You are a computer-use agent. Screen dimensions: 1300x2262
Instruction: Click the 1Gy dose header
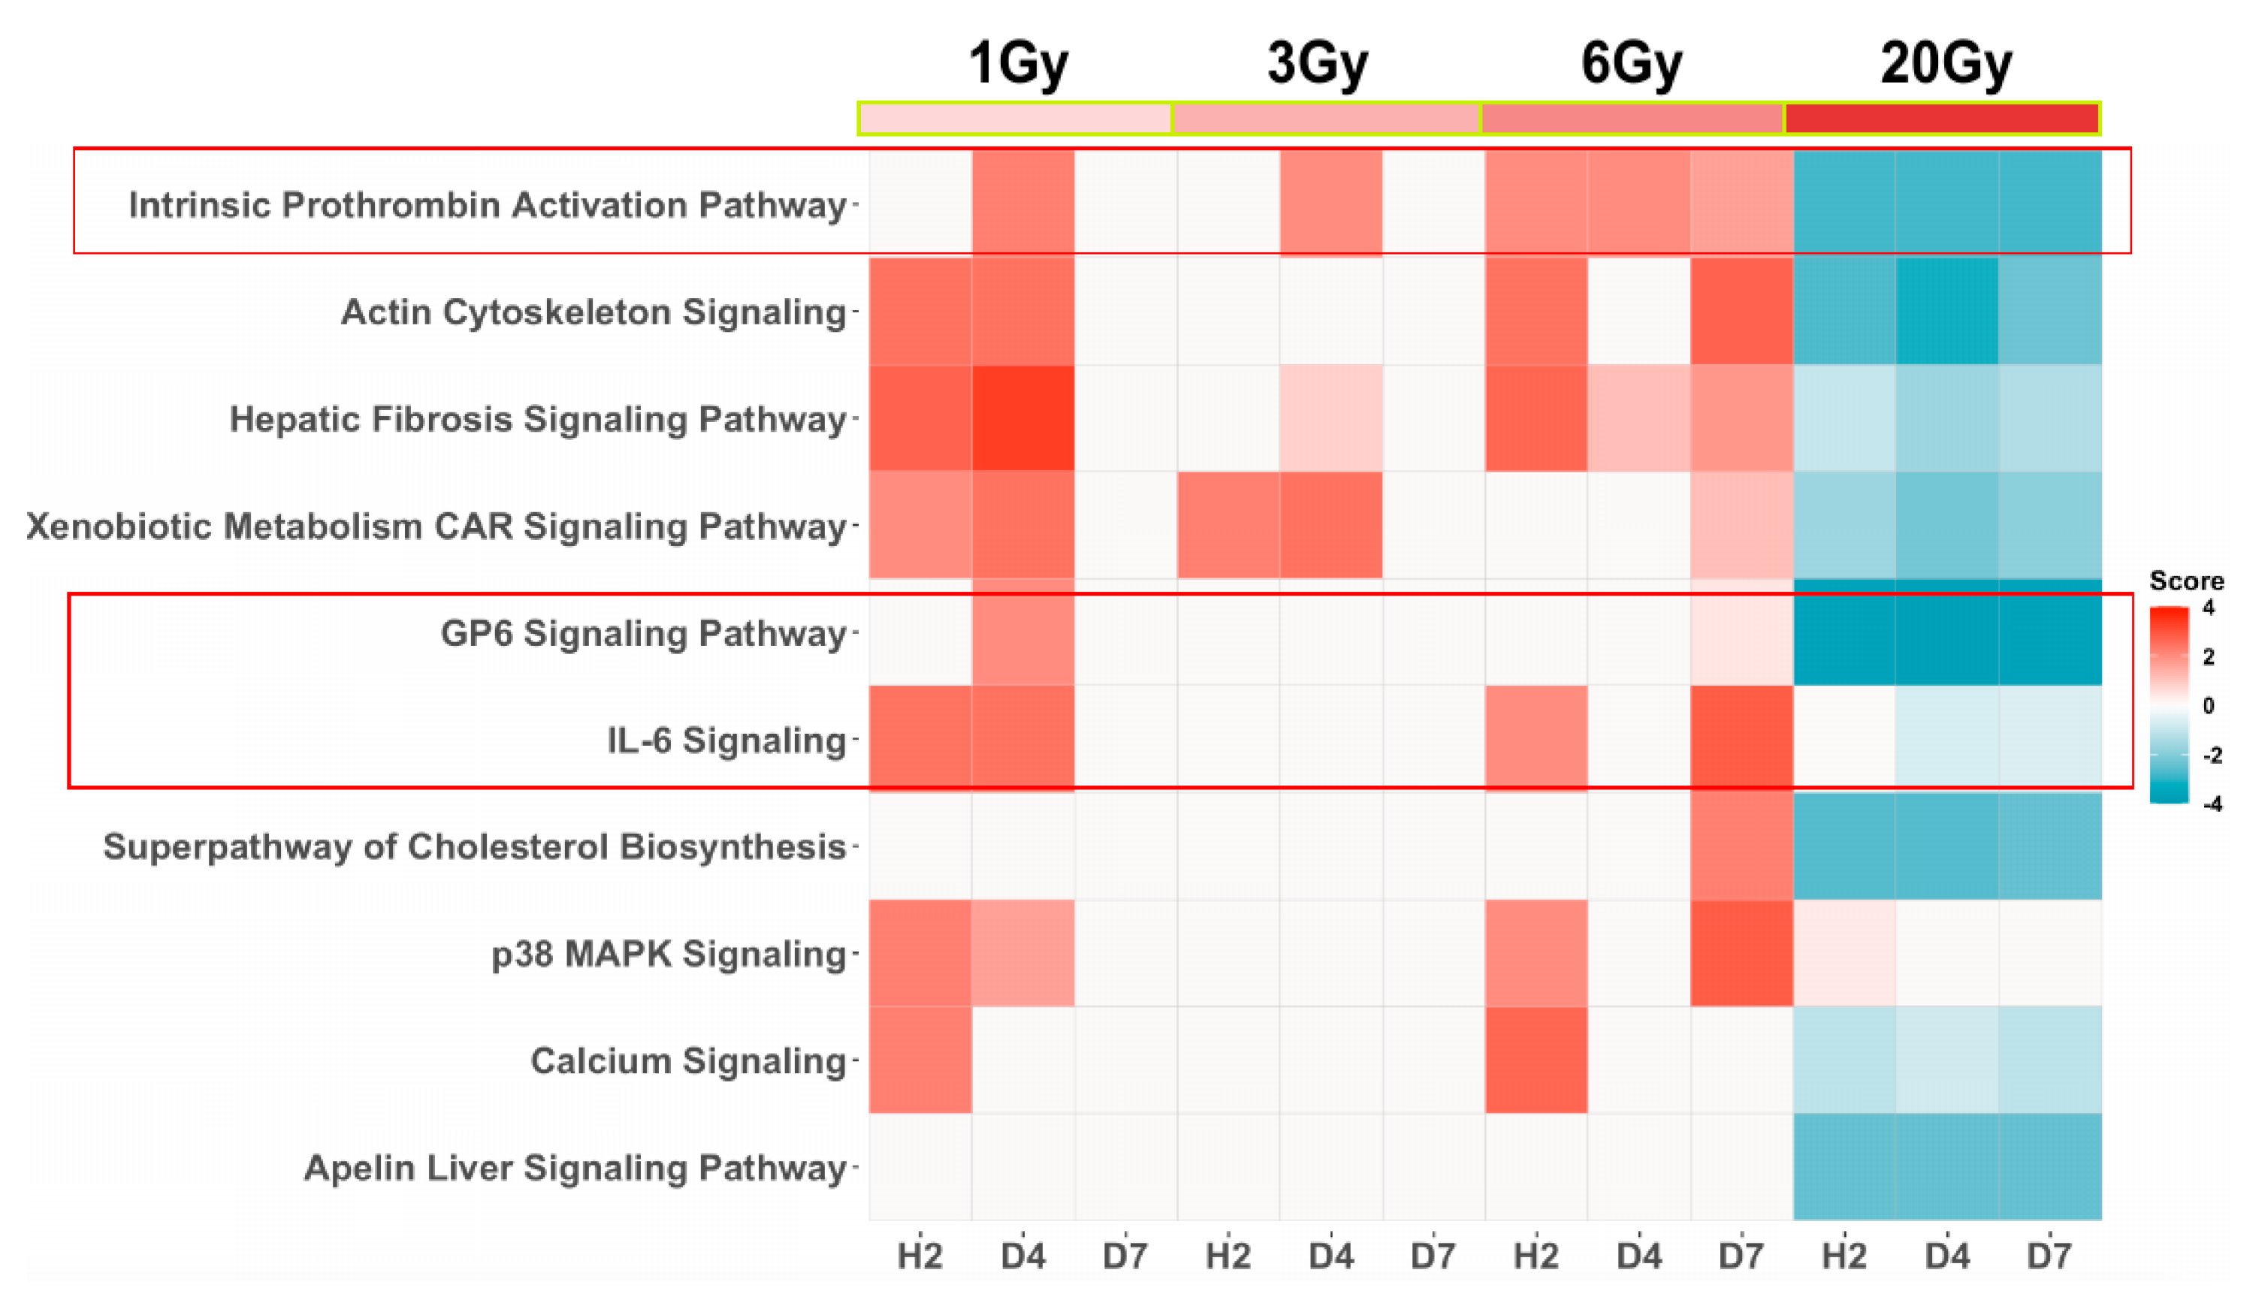point(1017,63)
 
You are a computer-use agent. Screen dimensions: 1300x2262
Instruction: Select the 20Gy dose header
point(1946,63)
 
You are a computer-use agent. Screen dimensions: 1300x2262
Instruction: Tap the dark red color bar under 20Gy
point(1941,119)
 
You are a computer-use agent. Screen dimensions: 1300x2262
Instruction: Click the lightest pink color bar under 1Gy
point(1014,119)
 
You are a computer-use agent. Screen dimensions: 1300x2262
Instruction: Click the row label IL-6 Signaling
point(726,740)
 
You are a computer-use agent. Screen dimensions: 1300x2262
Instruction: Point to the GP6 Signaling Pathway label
point(643,633)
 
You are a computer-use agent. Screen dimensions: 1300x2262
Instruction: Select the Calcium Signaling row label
point(687,1060)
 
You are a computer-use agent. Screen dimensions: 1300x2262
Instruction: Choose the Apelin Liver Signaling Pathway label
point(574,1168)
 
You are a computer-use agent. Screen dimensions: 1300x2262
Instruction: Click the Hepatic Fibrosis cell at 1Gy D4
point(1022,418)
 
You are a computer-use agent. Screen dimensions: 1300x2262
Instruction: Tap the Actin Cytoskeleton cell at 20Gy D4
point(1946,311)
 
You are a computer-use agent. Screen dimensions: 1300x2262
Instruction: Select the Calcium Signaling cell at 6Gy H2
point(1536,1060)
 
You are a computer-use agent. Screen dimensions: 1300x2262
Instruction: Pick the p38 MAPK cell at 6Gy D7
point(1741,953)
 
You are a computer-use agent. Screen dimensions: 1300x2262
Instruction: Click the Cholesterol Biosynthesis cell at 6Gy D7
point(1741,846)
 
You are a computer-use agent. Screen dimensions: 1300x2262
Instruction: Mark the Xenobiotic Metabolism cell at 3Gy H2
point(1228,525)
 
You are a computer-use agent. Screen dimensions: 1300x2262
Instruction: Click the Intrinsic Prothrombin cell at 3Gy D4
point(1330,204)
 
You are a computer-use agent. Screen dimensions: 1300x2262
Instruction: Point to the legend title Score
point(2186,581)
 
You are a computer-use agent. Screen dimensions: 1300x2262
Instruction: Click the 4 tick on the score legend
point(2209,608)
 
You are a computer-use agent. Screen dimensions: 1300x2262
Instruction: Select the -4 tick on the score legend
point(2212,804)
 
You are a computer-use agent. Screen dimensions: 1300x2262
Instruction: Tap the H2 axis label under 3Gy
point(1228,1256)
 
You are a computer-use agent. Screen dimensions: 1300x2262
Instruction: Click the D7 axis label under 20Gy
point(2049,1256)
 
